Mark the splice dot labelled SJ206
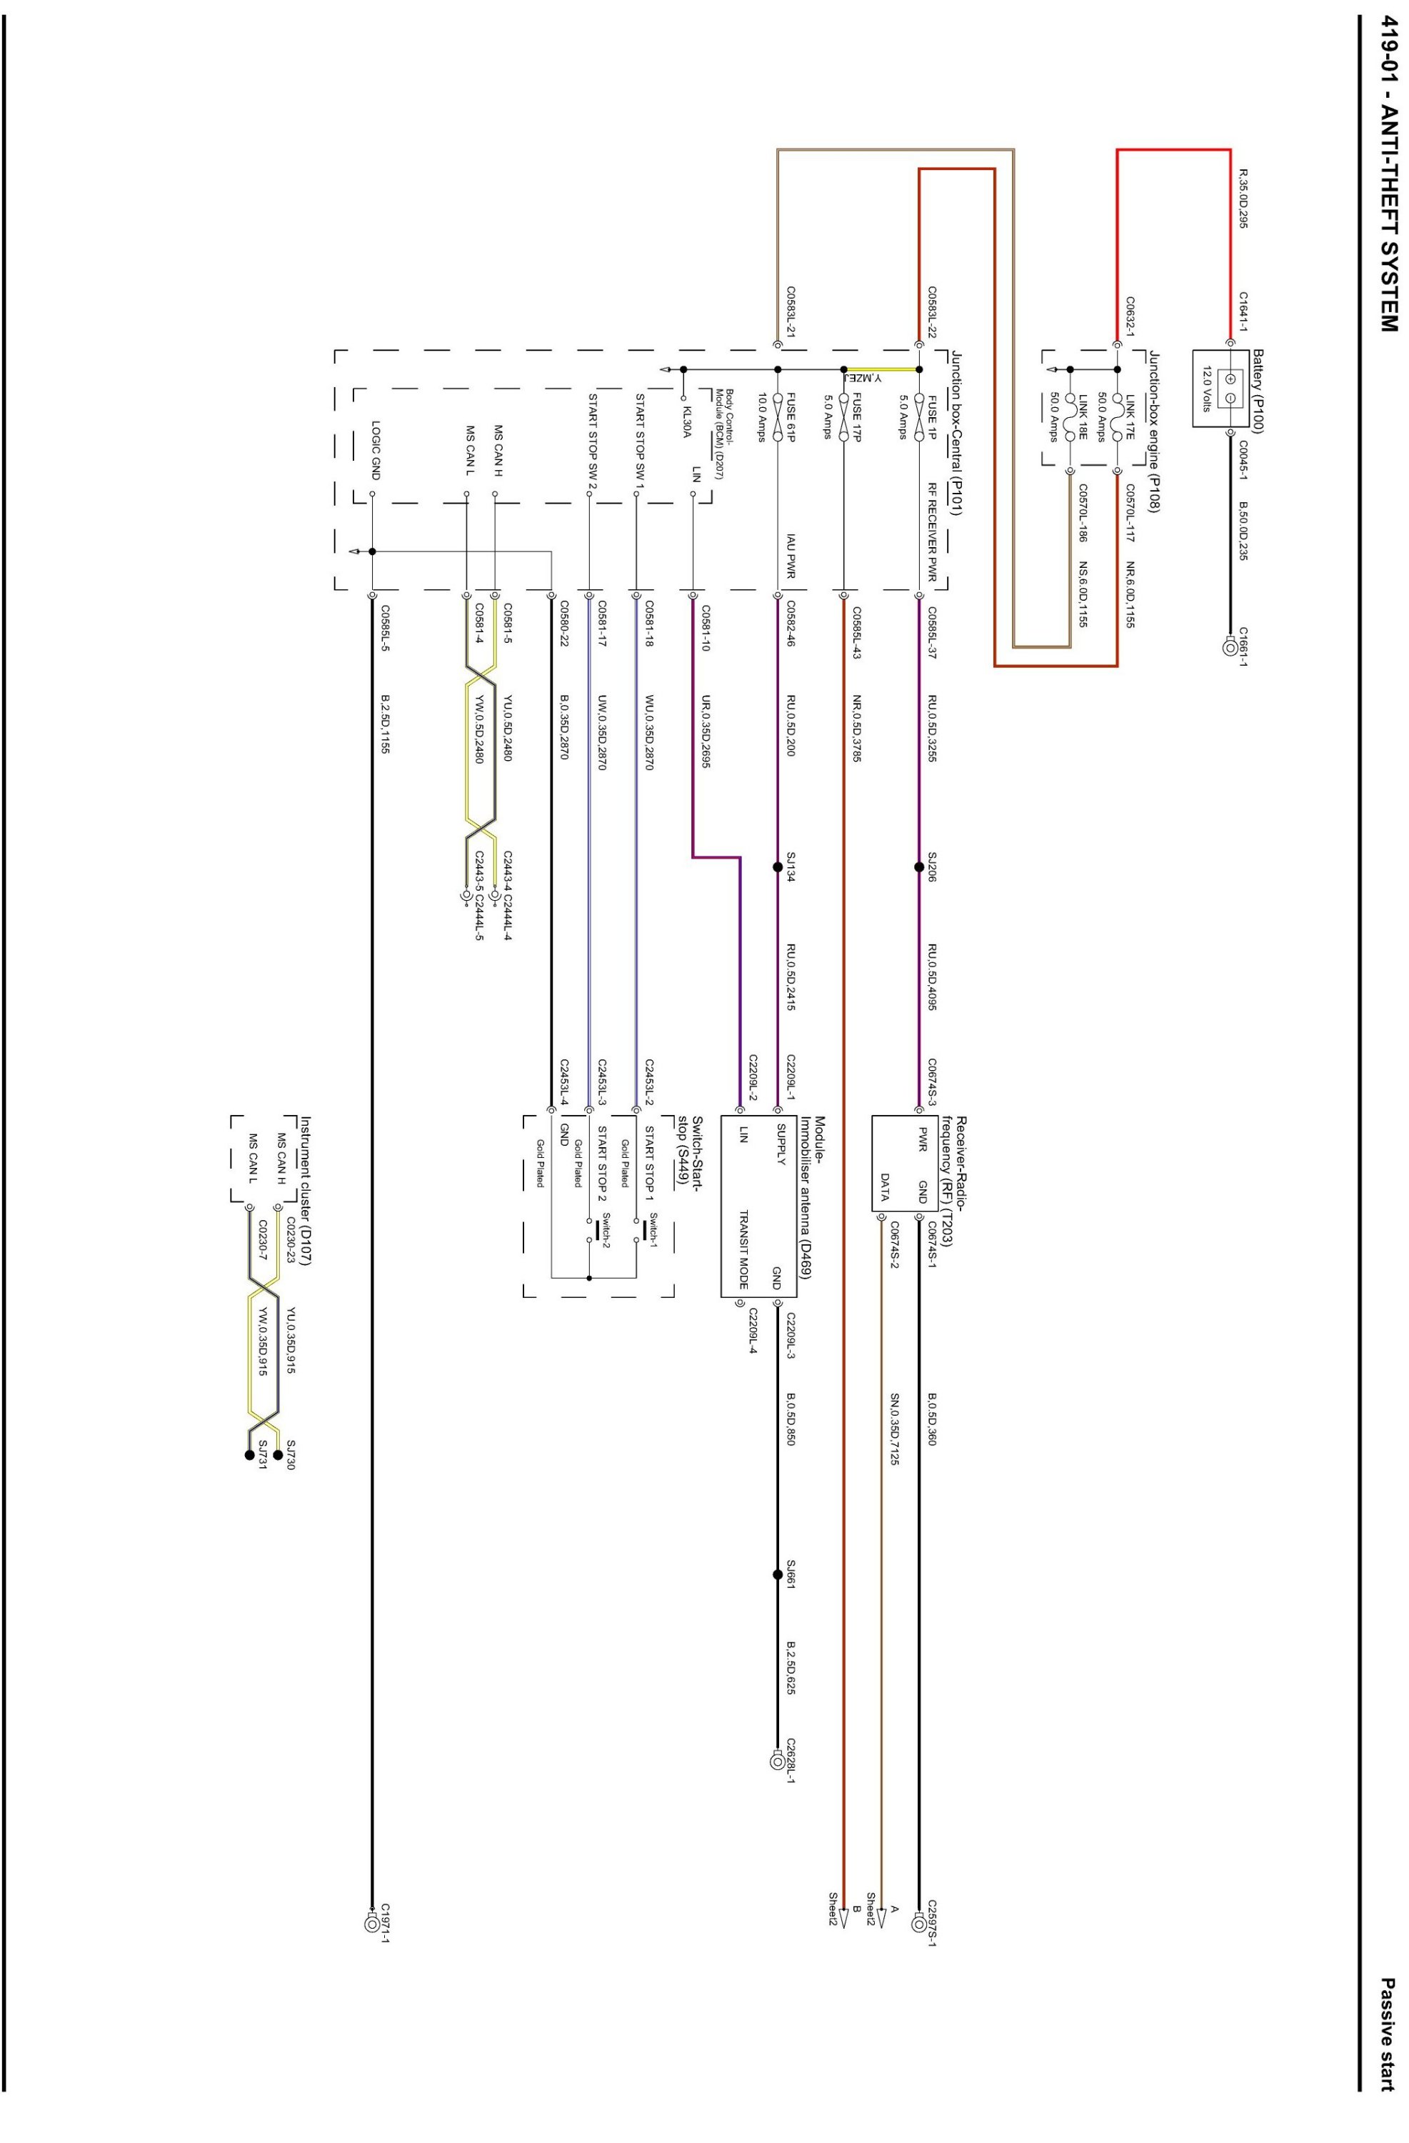click(918, 867)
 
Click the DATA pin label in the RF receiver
click(885, 1187)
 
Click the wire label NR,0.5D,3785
click(856, 729)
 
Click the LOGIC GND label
click(376, 450)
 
